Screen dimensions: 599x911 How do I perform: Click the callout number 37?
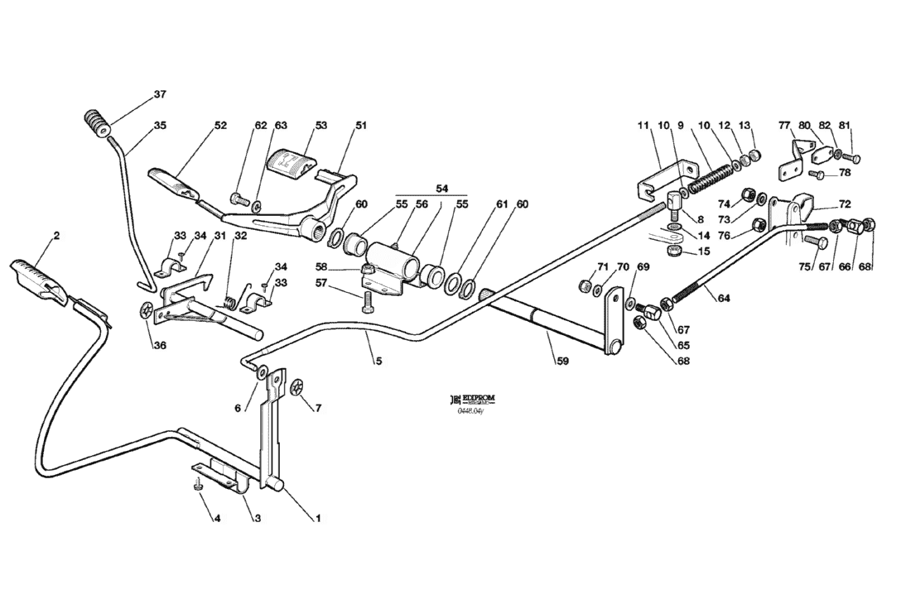click(160, 94)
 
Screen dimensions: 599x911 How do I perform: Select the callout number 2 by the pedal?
click(55, 236)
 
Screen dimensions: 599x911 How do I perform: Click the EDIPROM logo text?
click(476, 399)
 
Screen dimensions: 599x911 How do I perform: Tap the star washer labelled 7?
click(297, 386)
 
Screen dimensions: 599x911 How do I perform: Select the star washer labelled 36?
click(148, 313)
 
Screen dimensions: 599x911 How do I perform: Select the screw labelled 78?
click(816, 174)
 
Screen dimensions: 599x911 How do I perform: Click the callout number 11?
click(643, 126)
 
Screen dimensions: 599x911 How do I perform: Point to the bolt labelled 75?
click(814, 242)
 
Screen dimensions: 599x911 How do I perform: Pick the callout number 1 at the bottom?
click(316, 519)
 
